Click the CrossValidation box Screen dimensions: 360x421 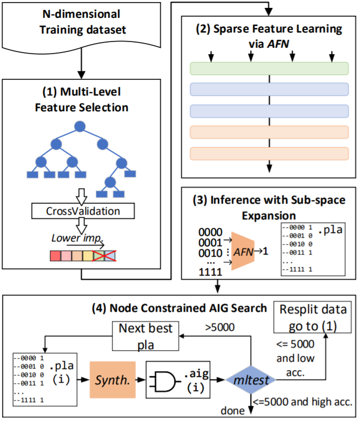coord(83,211)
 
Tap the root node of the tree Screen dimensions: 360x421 coord(80,126)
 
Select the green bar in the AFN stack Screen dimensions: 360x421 coord(269,68)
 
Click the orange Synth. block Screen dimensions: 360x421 coord(112,380)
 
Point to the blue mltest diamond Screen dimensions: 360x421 coord(251,380)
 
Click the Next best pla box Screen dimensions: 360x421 coord(146,336)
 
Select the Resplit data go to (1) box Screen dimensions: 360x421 coord(312,317)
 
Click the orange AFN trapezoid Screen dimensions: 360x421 coord(243,251)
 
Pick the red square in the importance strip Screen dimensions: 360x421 coord(55,256)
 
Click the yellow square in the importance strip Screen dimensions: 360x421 coord(88,256)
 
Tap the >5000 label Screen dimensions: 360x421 coord(220,327)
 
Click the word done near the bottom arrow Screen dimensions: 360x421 coord(233,411)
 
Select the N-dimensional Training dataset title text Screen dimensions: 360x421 coord(83,22)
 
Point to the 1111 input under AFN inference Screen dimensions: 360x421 coord(210,272)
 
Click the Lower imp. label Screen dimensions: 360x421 coord(77,238)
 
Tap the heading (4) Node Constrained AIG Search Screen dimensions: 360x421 coord(179,308)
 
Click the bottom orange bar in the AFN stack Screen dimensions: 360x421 coord(269,154)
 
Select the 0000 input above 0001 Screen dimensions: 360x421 coord(210,232)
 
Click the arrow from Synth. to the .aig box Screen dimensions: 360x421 coord(140,380)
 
